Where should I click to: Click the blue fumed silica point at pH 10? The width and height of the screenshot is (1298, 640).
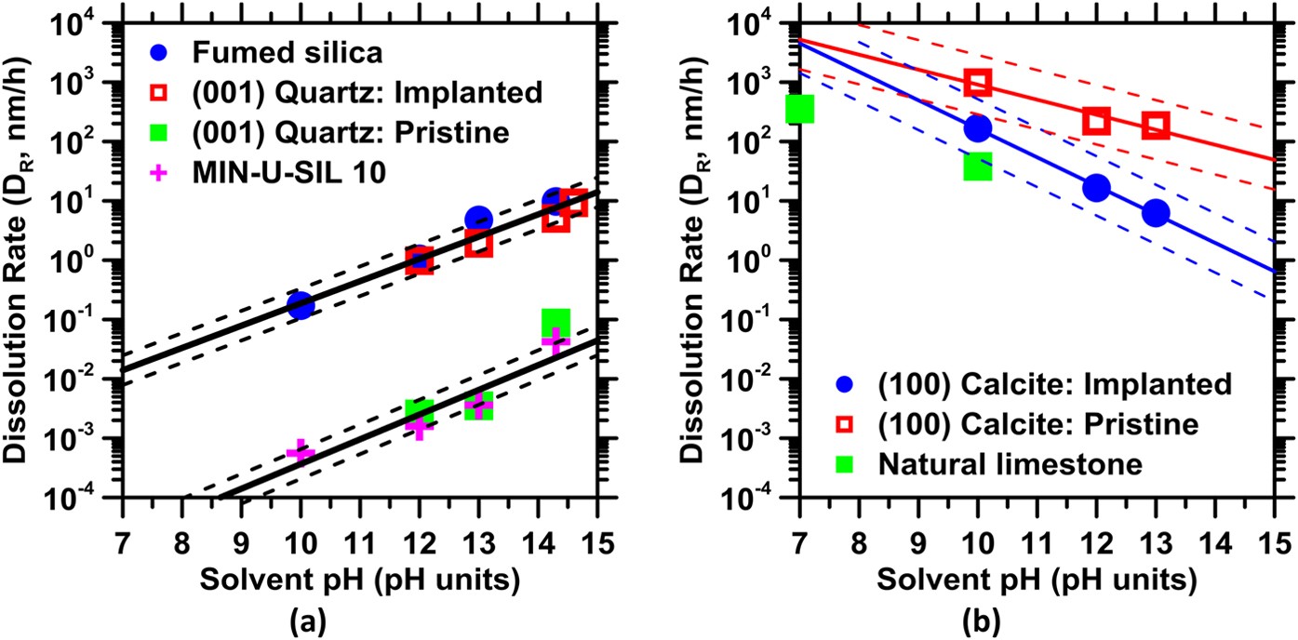coord(300,304)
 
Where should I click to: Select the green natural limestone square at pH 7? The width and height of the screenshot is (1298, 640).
coord(799,109)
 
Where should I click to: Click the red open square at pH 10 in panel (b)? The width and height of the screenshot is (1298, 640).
coord(977,83)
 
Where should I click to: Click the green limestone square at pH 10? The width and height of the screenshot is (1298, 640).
coord(977,167)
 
